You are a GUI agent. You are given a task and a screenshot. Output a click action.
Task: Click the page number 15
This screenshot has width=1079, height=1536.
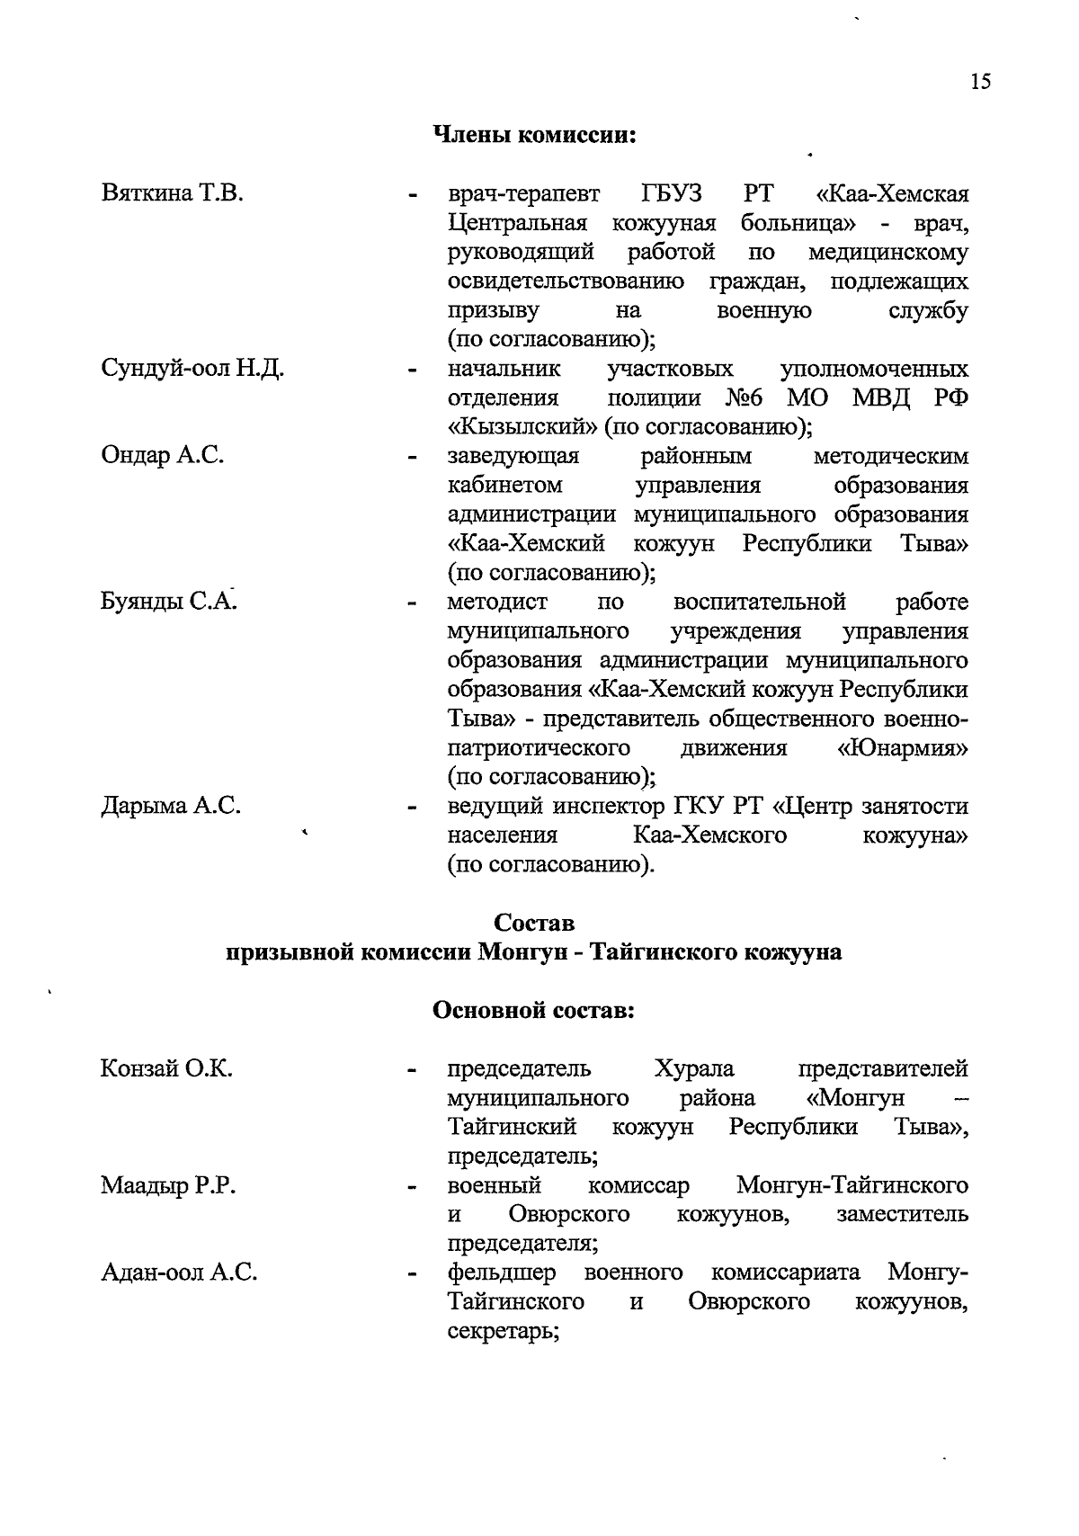980,82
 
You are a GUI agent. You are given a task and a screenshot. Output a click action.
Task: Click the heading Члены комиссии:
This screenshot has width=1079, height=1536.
535,136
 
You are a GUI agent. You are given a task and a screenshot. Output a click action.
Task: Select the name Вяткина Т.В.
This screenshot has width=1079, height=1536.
172,194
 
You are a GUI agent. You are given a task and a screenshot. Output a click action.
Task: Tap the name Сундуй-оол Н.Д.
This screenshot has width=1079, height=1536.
192,370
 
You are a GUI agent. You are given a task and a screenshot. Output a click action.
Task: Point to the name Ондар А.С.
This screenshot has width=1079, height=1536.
163,456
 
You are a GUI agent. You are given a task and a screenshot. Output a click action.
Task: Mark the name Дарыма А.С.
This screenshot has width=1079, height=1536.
170,806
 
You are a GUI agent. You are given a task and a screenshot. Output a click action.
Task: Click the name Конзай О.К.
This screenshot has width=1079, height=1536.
166,1069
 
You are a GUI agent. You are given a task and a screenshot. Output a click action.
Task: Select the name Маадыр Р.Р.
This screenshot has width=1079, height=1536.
168,1186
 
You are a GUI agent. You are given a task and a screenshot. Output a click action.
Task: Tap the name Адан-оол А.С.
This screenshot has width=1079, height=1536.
179,1273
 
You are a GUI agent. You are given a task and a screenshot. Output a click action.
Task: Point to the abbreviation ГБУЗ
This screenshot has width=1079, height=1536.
673,194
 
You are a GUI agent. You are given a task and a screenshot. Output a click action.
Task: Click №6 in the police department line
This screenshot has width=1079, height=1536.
749,398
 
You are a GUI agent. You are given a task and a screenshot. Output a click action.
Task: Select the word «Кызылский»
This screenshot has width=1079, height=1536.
522,427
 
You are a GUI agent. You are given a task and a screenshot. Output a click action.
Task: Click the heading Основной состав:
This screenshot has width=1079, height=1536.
534,1011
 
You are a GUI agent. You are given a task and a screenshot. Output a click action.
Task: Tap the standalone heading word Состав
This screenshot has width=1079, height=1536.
534,924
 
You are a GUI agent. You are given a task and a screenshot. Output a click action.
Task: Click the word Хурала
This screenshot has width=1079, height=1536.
694,1069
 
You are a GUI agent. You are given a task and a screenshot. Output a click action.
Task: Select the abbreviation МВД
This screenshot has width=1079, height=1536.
881,398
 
